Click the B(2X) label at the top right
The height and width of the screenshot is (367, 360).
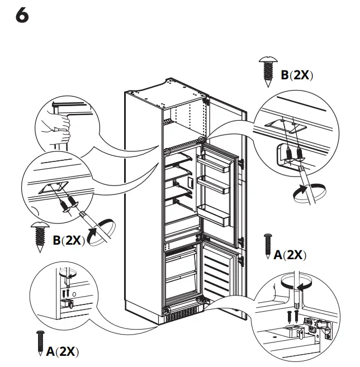[296, 75]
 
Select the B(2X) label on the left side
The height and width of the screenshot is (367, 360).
[68, 240]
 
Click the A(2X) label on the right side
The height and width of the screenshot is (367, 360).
[291, 255]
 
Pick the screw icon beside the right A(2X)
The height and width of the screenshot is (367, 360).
[267, 245]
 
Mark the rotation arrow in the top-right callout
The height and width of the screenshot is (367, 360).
[306, 193]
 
